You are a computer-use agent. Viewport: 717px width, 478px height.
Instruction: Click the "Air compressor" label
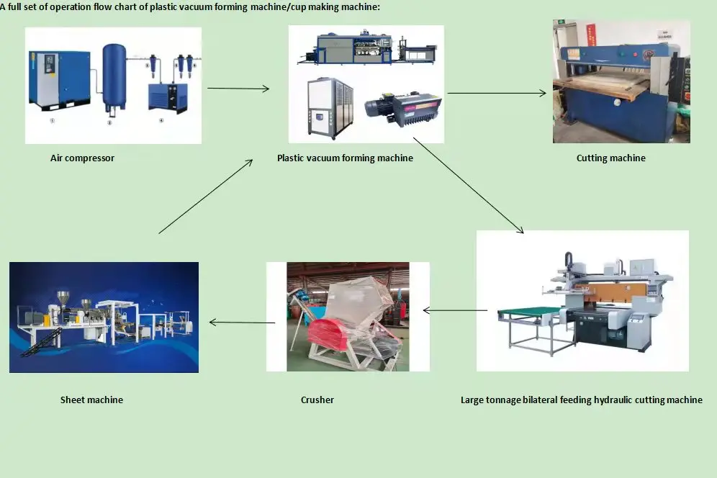pyautogui.click(x=82, y=158)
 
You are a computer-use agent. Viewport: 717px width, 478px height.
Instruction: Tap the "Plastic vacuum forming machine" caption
pyautogui.click(x=345, y=158)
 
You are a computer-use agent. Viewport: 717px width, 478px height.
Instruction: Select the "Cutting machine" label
pyautogui.click(x=610, y=158)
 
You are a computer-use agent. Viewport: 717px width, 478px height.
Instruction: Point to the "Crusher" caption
pyautogui.click(x=317, y=400)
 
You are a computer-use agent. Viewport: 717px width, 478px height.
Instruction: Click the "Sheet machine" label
pyautogui.click(x=91, y=400)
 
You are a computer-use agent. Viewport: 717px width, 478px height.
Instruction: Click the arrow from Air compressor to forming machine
pyautogui.click(x=238, y=89)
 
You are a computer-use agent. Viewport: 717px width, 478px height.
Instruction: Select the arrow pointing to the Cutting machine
pyautogui.click(x=497, y=93)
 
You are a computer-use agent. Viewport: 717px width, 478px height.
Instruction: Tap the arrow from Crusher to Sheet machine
pyautogui.click(x=242, y=322)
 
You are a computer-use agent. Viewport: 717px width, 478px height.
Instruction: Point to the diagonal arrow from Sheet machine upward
pyautogui.click(x=205, y=196)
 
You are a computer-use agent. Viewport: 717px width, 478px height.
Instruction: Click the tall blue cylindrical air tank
pyautogui.click(x=113, y=76)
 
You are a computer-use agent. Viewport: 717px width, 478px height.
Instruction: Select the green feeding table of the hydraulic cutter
pyautogui.click(x=529, y=312)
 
